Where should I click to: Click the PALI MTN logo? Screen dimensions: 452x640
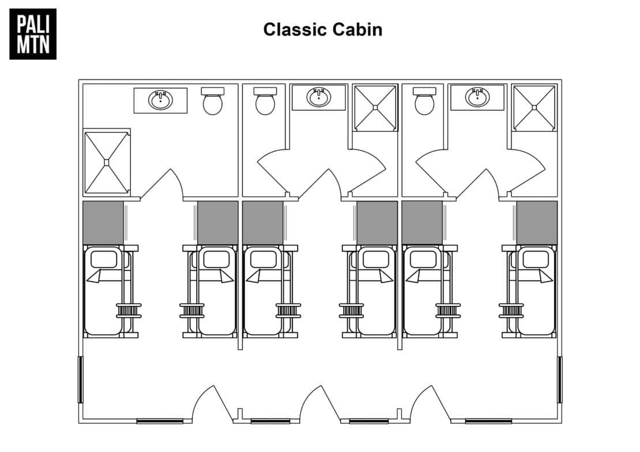[33, 34]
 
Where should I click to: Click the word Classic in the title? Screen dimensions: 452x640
[294, 29]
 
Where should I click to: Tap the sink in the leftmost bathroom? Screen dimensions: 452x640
[160, 100]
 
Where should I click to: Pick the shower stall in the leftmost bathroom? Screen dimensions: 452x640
[107, 162]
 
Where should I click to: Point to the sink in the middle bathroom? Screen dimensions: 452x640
[319, 97]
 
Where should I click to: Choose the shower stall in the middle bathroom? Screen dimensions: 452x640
[375, 108]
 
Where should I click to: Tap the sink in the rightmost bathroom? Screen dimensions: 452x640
[477, 97]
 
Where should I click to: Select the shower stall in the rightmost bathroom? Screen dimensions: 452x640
[534, 108]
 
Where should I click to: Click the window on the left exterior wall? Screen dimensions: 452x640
[81, 379]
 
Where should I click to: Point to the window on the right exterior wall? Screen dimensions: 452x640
[560, 379]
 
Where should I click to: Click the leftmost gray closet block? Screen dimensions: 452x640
[103, 222]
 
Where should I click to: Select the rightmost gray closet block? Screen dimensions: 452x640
[537, 222]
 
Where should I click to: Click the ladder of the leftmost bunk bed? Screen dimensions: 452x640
[129, 310]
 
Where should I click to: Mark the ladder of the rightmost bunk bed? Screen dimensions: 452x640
[511, 310]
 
